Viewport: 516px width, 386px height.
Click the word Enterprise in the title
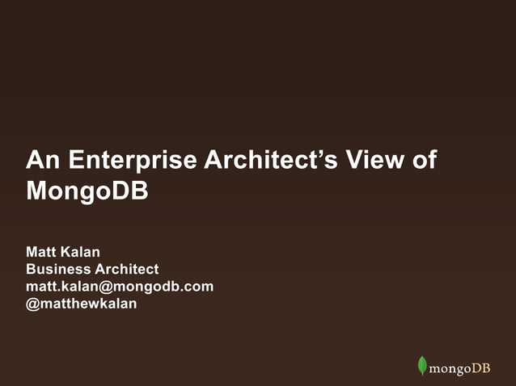[x=132, y=160]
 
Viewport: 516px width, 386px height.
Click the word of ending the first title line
[x=425, y=160]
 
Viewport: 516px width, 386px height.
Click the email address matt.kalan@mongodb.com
[x=120, y=287]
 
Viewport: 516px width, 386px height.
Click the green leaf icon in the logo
[x=421, y=366]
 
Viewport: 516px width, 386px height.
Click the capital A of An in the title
[x=34, y=160]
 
